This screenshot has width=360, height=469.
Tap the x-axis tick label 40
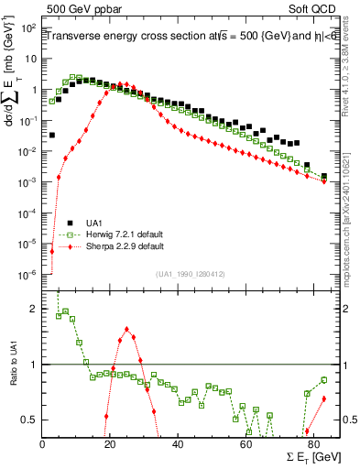178,444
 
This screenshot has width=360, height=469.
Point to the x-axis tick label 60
245,444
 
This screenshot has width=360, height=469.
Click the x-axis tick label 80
313,444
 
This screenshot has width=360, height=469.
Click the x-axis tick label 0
43,444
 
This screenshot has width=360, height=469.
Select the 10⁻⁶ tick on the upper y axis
27,274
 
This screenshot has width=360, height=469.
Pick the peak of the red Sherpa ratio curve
126,329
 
